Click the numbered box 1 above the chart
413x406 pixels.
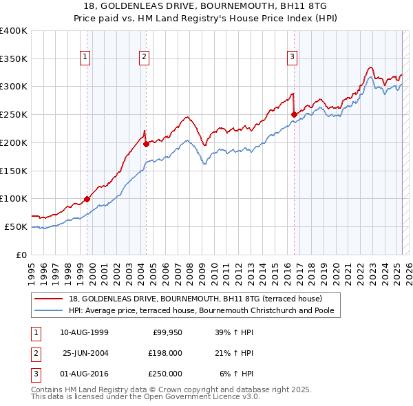[85, 57]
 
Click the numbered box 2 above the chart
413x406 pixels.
[144, 57]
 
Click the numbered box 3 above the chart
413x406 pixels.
[292, 57]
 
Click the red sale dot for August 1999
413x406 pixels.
[87, 199]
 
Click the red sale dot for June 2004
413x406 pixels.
[146, 144]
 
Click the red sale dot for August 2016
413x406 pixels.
[294, 114]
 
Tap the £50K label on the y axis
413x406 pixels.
[16, 226]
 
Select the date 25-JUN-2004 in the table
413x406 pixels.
[85, 353]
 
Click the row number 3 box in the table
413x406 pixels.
[35, 374]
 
